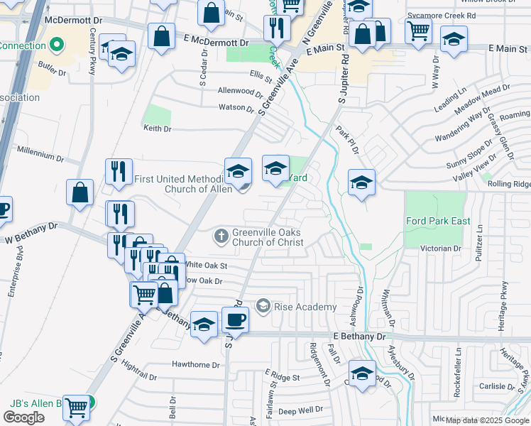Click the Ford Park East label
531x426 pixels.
tap(438, 221)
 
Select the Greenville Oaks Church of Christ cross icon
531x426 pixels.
tap(221, 235)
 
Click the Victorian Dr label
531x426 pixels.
tap(441, 248)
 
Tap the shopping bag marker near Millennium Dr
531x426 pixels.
tap(80, 192)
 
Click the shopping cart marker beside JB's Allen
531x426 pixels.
tap(76, 408)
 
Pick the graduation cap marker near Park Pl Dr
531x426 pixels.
tap(361, 182)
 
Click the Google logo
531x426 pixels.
tap(24, 417)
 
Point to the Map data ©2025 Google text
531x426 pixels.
tap(487, 420)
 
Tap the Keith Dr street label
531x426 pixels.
tap(158, 129)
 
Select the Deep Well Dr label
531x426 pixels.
tap(301, 410)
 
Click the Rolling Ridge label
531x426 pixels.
tap(508, 184)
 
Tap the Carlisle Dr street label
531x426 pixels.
tap(497, 387)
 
